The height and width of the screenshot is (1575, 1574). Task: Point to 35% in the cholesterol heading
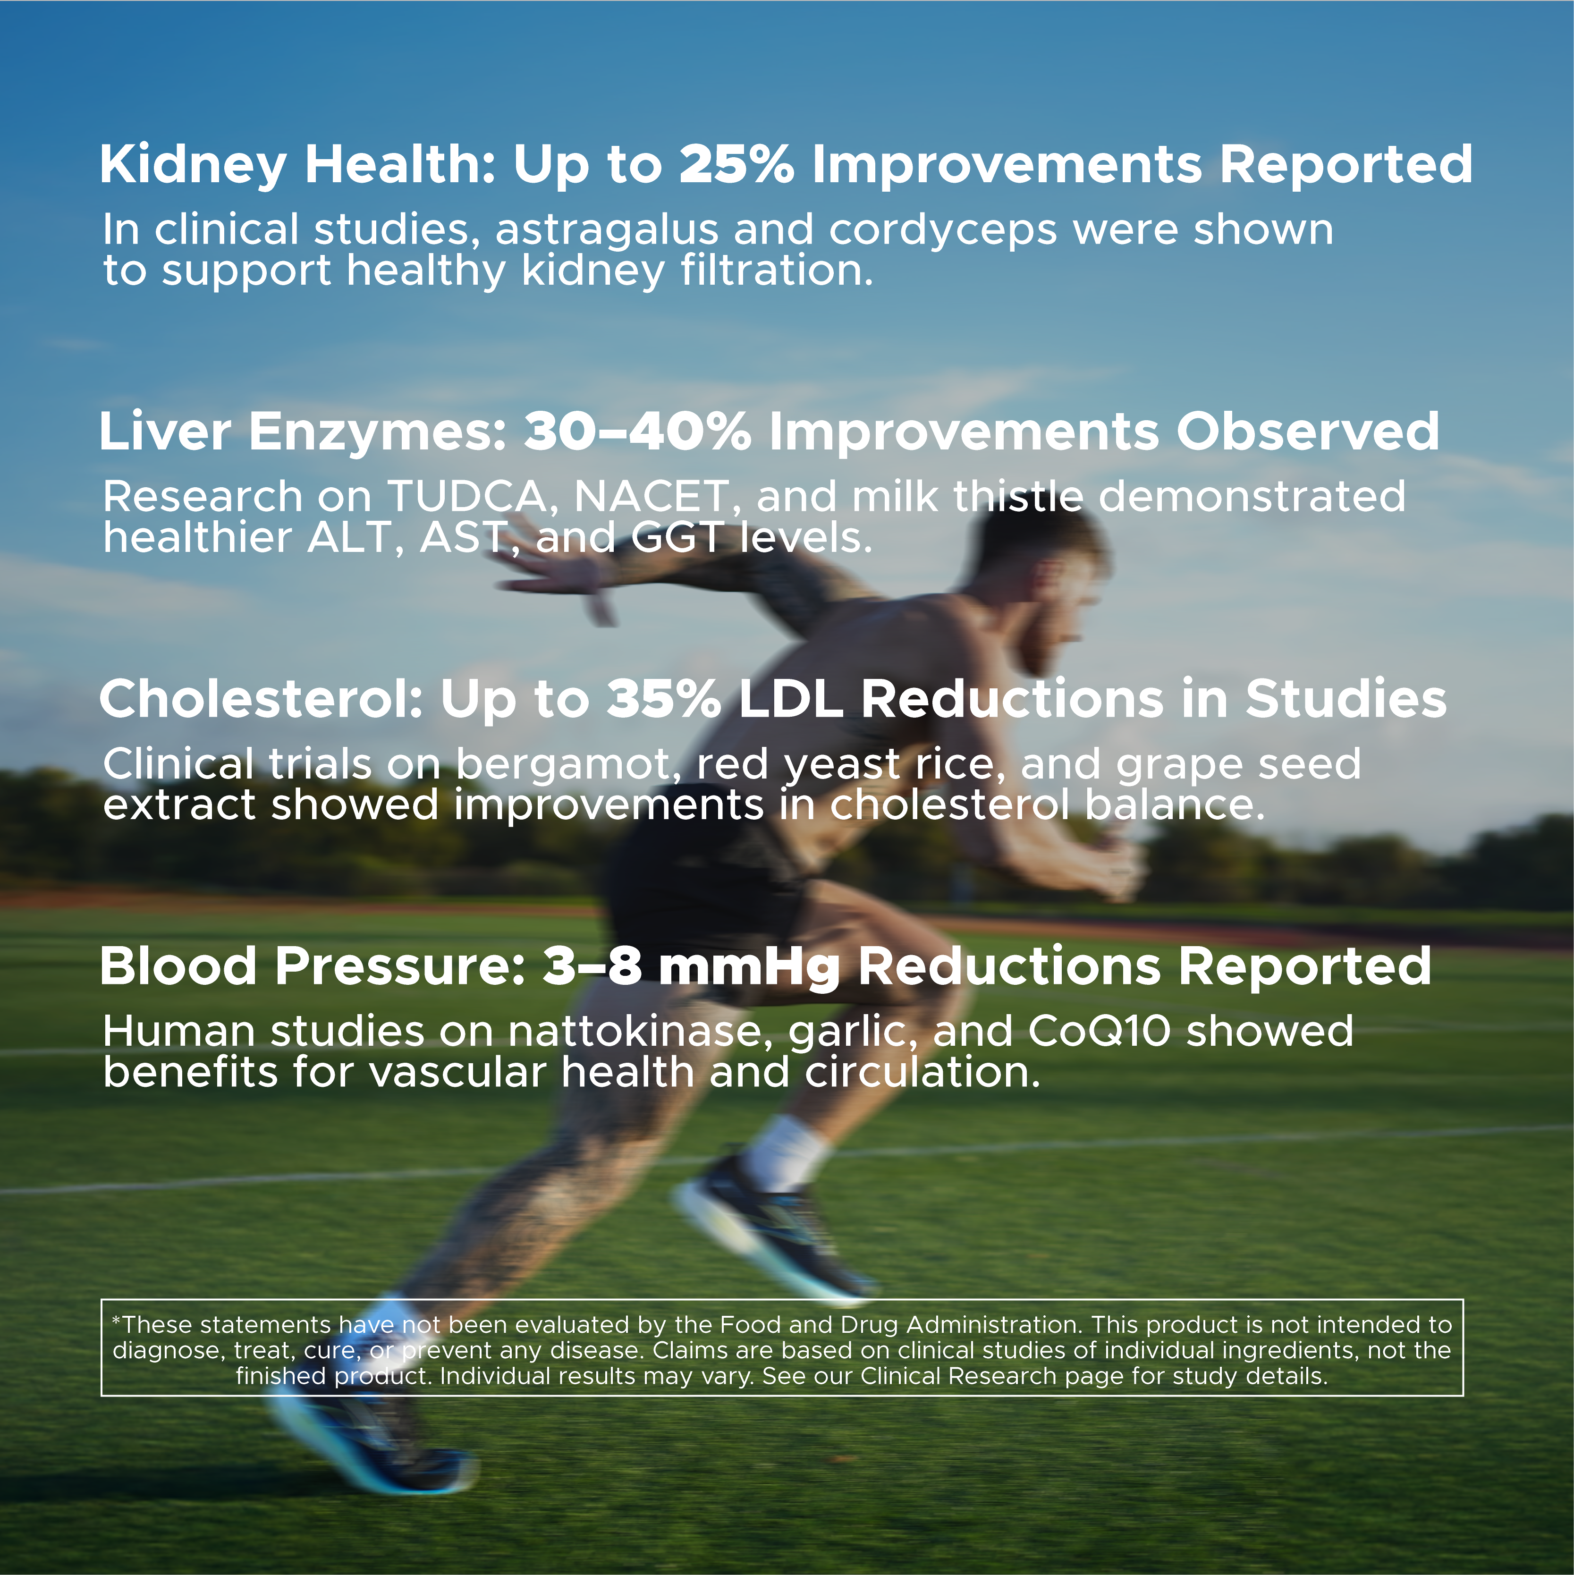[664, 700]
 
